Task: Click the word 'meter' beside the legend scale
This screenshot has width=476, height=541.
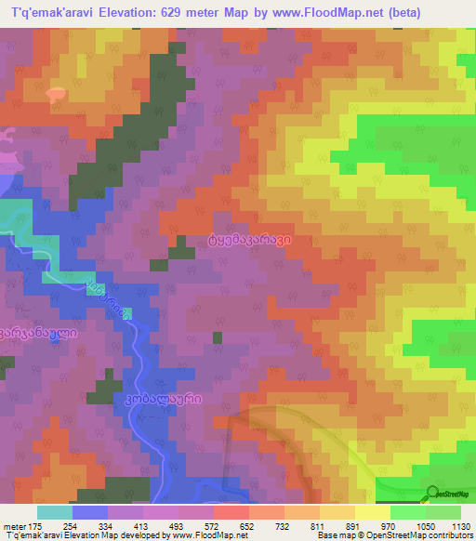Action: tap(13, 527)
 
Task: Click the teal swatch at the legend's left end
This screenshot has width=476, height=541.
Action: tap(54, 512)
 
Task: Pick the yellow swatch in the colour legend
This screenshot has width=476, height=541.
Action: tap(372, 512)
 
